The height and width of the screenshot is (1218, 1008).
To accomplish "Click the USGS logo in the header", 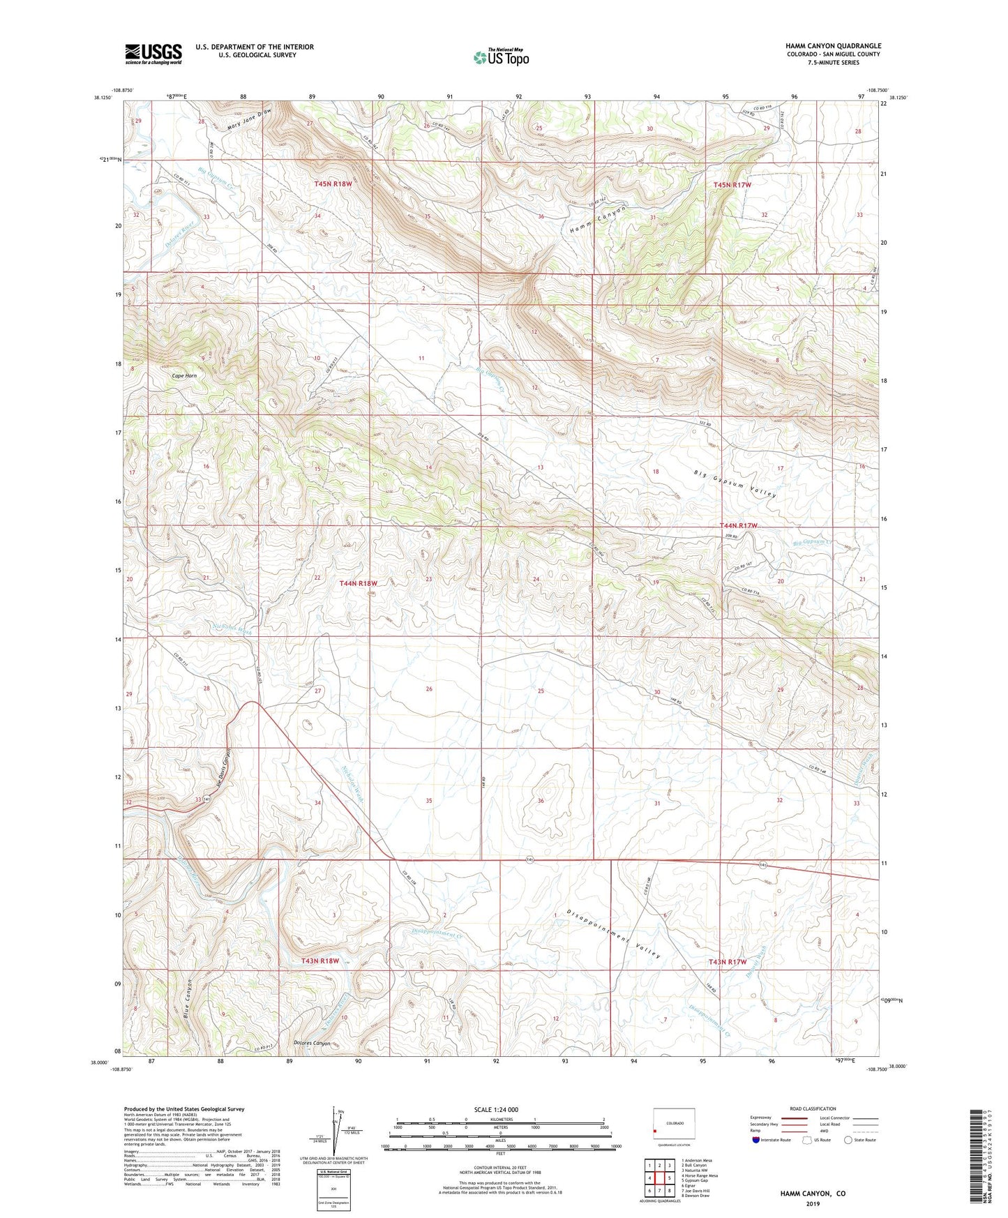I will click(x=153, y=53).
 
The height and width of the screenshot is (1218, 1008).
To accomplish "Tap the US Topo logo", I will click(x=501, y=57).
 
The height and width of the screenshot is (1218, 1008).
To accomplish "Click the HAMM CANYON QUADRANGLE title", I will click(x=833, y=45).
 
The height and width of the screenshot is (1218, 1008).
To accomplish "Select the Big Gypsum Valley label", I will click(x=735, y=484).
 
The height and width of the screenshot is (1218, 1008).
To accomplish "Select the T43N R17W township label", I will click(x=728, y=962).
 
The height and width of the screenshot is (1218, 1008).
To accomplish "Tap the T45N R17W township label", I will click(x=732, y=185).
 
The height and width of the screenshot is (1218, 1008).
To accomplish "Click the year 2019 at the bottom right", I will click(x=813, y=1203).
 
